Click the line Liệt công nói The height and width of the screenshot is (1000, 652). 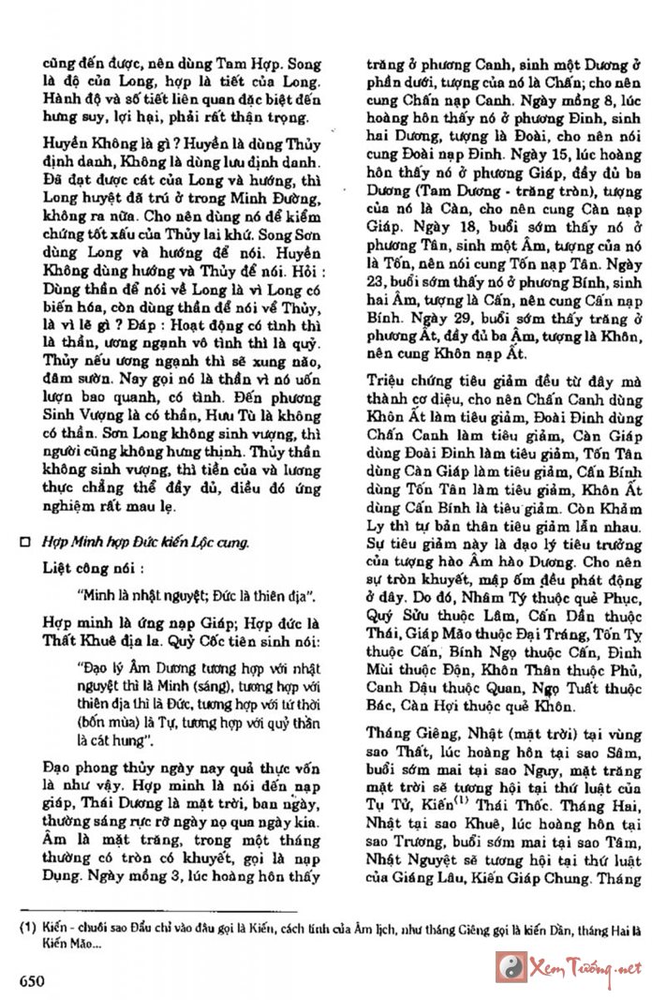[94, 568]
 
